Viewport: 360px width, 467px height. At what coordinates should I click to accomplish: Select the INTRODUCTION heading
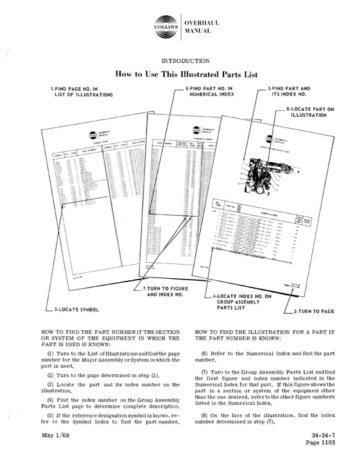(x=179, y=60)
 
